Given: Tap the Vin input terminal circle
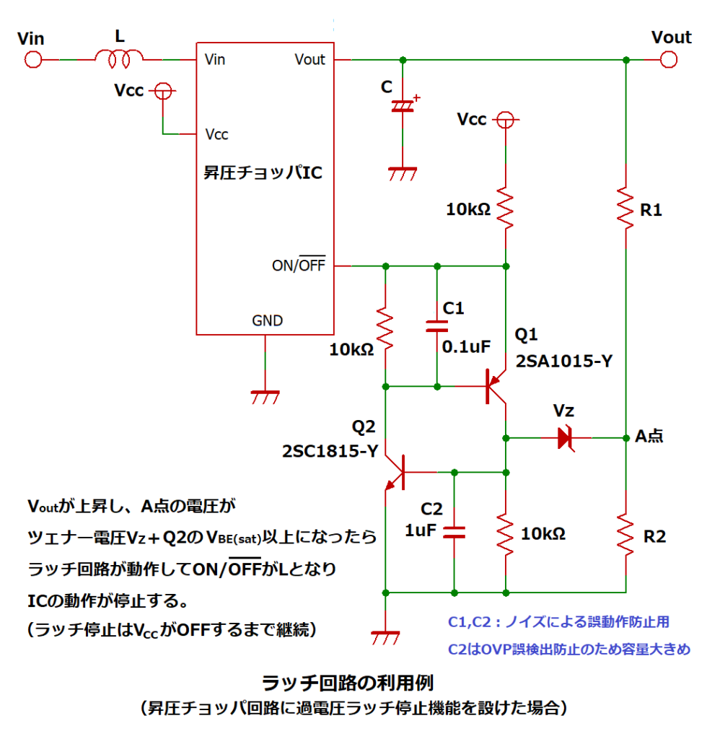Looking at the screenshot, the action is click(x=32, y=59).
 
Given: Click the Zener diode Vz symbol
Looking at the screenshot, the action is click(x=565, y=438).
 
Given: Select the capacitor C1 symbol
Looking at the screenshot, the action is click(x=436, y=326).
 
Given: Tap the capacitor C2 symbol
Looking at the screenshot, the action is click(x=454, y=533).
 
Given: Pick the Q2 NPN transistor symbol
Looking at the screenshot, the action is click(x=395, y=473).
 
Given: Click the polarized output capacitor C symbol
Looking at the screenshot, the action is click(x=403, y=107).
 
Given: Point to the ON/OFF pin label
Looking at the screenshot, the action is click(x=298, y=266).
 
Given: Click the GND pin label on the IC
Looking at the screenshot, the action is click(x=267, y=320).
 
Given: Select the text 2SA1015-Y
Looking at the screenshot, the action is click(x=563, y=362).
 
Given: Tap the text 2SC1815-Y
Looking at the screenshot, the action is click(x=330, y=451).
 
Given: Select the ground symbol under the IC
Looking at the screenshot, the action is click(x=265, y=395).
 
